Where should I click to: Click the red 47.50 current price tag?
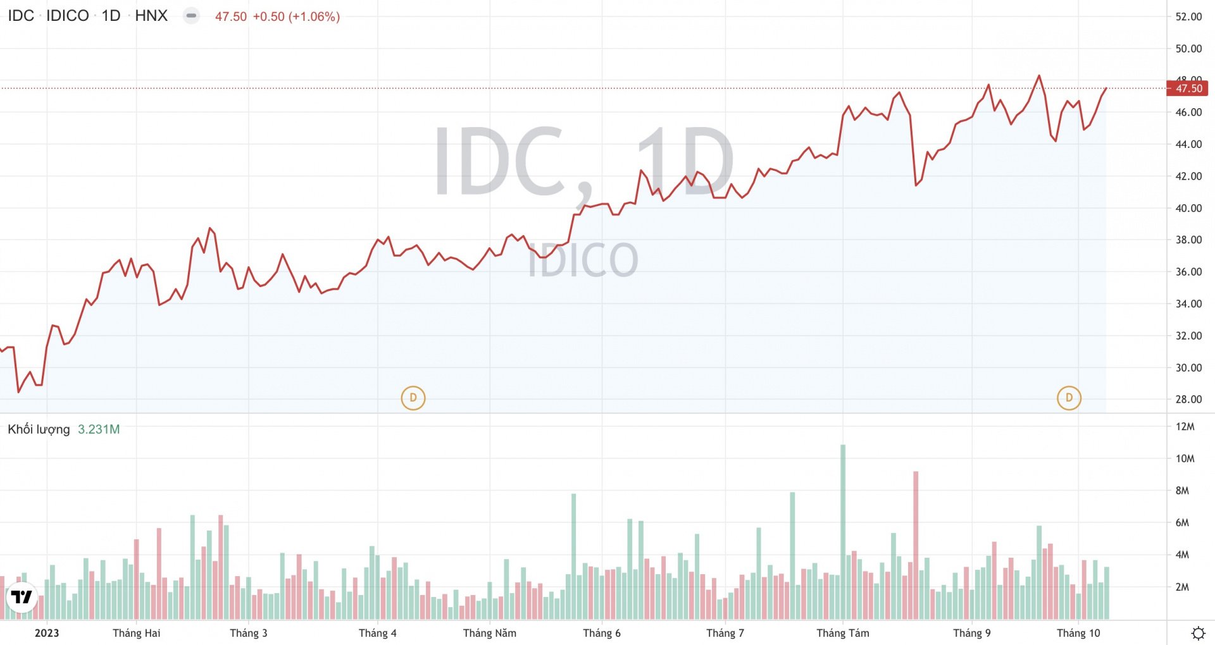point(1188,89)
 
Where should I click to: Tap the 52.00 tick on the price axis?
point(1188,16)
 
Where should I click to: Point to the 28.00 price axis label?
point(1188,399)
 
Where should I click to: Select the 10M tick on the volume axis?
point(1185,458)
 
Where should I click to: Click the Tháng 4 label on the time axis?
point(377,633)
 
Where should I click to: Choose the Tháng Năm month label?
point(489,633)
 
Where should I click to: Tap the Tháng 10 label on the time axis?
point(1078,633)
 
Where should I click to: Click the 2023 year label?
point(47,633)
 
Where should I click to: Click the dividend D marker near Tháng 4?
point(413,398)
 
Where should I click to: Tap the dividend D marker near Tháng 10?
point(1069,398)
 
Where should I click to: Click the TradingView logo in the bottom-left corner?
point(22,597)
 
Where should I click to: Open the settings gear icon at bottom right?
point(1198,633)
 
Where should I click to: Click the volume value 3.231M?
point(99,429)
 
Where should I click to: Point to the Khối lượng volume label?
point(39,429)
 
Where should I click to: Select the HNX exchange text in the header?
point(151,16)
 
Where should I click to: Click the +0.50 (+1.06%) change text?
point(296,16)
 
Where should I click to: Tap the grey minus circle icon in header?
point(191,16)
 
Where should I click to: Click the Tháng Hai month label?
point(136,633)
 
